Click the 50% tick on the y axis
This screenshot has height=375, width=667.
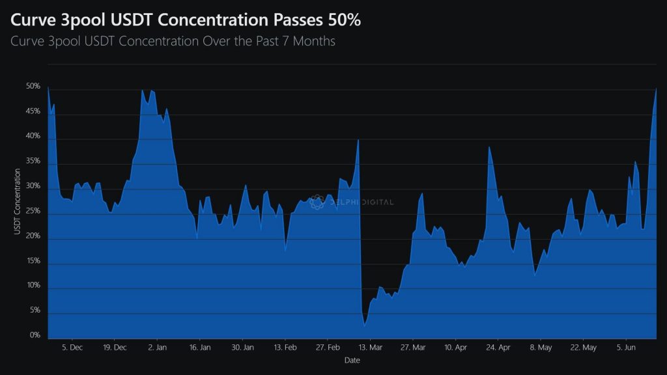coord(33,87)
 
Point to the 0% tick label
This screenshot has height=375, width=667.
coord(35,335)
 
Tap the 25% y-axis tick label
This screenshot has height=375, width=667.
coord(33,211)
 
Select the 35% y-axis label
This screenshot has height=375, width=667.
coord(33,161)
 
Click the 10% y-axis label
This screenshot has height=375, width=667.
coord(33,286)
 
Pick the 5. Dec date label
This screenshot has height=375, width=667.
coord(72,347)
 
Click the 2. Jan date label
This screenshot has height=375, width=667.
coord(158,347)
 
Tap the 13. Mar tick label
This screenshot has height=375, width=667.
coord(371,347)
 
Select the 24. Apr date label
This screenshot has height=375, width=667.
coord(498,347)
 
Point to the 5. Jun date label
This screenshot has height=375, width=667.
coord(626,347)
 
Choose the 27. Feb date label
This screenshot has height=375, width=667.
coord(328,347)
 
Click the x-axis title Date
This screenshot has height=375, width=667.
coord(351,360)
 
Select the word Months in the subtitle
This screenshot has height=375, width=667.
coord(315,42)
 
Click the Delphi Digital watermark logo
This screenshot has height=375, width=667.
coord(317,202)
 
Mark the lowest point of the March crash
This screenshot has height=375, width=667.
coord(365,324)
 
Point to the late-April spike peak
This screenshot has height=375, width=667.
coord(489,146)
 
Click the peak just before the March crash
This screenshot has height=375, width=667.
coord(358,139)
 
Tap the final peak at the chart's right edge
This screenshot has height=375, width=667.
coord(656,89)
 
